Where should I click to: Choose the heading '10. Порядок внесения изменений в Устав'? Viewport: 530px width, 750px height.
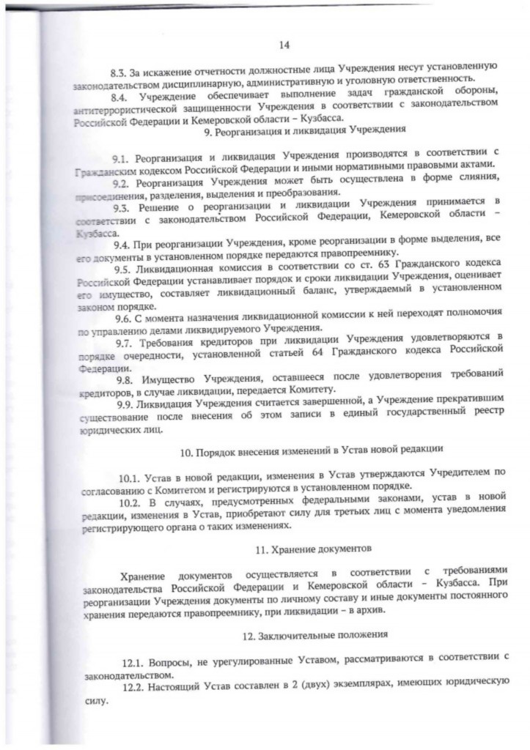pyautogui.click(x=291, y=448)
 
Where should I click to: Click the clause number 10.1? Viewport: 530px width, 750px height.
pyautogui.click(x=134, y=478)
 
